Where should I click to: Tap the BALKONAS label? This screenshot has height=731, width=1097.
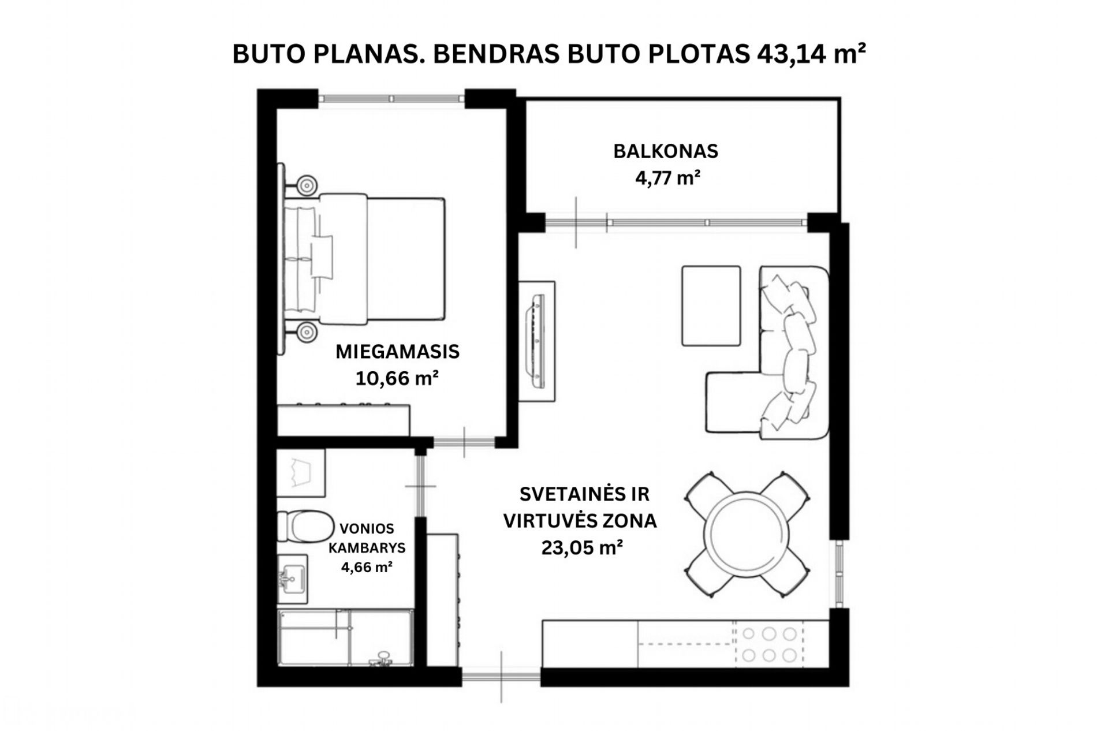(x=666, y=151)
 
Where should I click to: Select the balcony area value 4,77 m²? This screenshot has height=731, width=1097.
(x=668, y=178)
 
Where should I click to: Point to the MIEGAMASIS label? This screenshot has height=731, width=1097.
(x=397, y=352)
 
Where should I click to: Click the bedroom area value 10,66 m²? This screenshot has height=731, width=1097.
(x=397, y=378)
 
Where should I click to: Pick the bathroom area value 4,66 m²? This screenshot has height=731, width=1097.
(x=367, y=567)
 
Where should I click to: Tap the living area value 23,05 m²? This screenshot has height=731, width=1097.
(x=582, y=547)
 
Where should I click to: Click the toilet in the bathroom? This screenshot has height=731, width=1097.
(x=302, y=525)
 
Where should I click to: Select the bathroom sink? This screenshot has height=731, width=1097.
(x=293, y=579)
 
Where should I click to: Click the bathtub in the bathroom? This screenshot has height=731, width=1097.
(x=346, y=637)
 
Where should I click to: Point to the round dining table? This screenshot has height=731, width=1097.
(x=747, y=534)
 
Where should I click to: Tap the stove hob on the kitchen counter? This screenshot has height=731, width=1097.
(x=768, y=644)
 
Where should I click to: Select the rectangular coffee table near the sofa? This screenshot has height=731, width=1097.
(x=711, y=306)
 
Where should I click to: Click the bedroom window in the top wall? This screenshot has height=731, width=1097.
(x=391, y=99)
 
